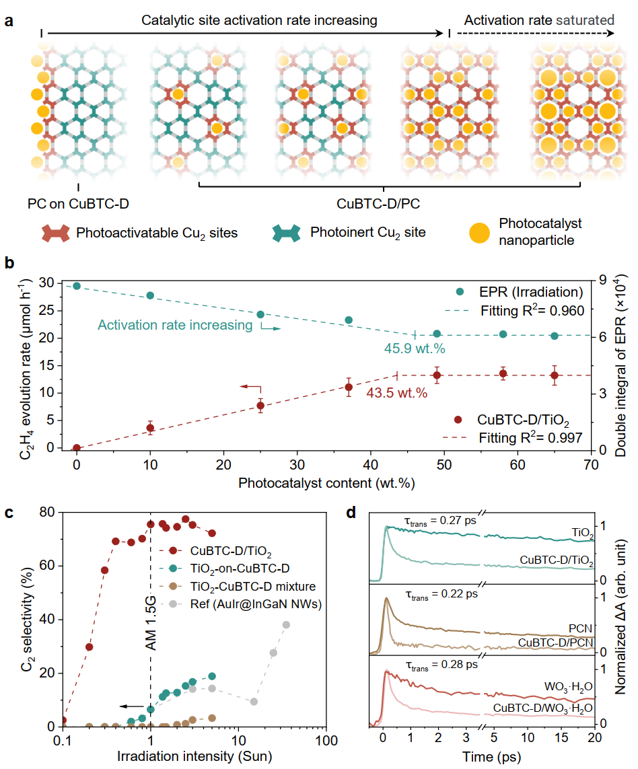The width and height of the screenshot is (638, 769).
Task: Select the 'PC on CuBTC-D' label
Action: point(78,203)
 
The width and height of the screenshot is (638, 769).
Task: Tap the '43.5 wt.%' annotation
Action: point(396,393)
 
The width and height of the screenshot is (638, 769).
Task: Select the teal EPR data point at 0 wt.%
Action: point(77,286)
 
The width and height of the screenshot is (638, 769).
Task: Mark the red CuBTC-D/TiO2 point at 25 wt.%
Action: point(260,406)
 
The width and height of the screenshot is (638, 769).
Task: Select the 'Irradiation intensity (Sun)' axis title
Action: point(194,756)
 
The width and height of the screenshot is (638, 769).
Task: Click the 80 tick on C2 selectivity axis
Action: point(48,512)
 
